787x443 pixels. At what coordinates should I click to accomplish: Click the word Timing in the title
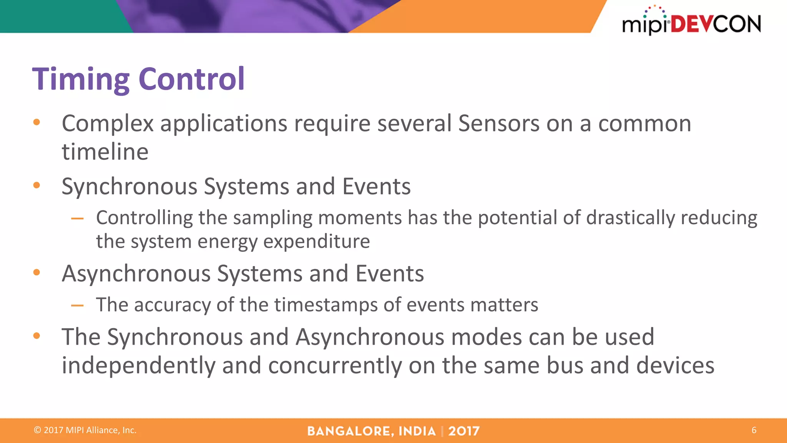click(x=81, y=79)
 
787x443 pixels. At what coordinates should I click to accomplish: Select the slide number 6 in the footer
click(x=754, y=430)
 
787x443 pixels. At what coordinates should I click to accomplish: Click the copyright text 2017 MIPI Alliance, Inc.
click(x=85, y=430)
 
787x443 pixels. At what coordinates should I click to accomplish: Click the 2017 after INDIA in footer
click(x=464, y=431)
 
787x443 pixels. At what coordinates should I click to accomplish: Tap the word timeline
click(x=105, y=152)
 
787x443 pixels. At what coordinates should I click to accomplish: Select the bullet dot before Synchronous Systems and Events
click(x=37, y=186)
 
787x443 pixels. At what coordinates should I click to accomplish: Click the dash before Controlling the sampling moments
click(x=77, y=218)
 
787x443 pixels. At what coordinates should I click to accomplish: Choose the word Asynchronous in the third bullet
click(x=136, y=273)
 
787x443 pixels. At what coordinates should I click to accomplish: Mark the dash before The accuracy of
click(x=77, y=306)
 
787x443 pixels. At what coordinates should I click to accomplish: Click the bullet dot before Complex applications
click(x=37, y=123)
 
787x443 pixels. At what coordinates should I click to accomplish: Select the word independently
click(x=138, y=365)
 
